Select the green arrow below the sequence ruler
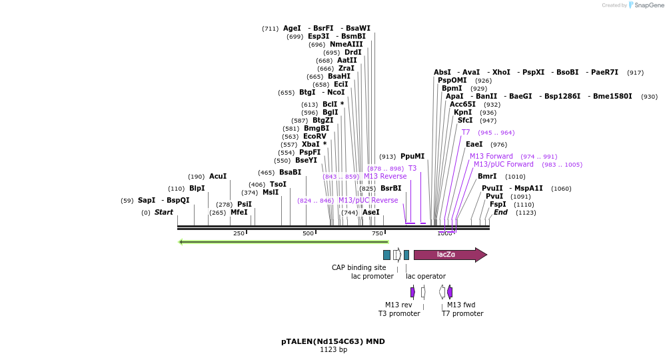click(x=283, y=241)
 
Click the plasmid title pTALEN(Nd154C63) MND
click(x=333, y=341)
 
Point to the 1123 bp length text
click(x=333, y=349)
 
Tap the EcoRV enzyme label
click(x=315, y=136)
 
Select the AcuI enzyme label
click(x=218, y=177)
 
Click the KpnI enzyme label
click(x=462, y=112)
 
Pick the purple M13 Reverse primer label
click(x=385, y=176)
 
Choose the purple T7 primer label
click(x=466, y=132)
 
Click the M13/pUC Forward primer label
click(x=504, y=164)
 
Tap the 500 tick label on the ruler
click(x=308, y=233)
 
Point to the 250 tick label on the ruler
click(x=239, y=233)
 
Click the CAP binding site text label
click(x=359, y=267)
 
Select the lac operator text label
click(x=426, y=276)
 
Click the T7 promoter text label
click(x=462, y=313)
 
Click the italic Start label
click(x=164, y=212)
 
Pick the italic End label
click(x=500, y=212)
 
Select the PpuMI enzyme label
click(x=412, y=156)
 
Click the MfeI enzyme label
click(x=239, y=212)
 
